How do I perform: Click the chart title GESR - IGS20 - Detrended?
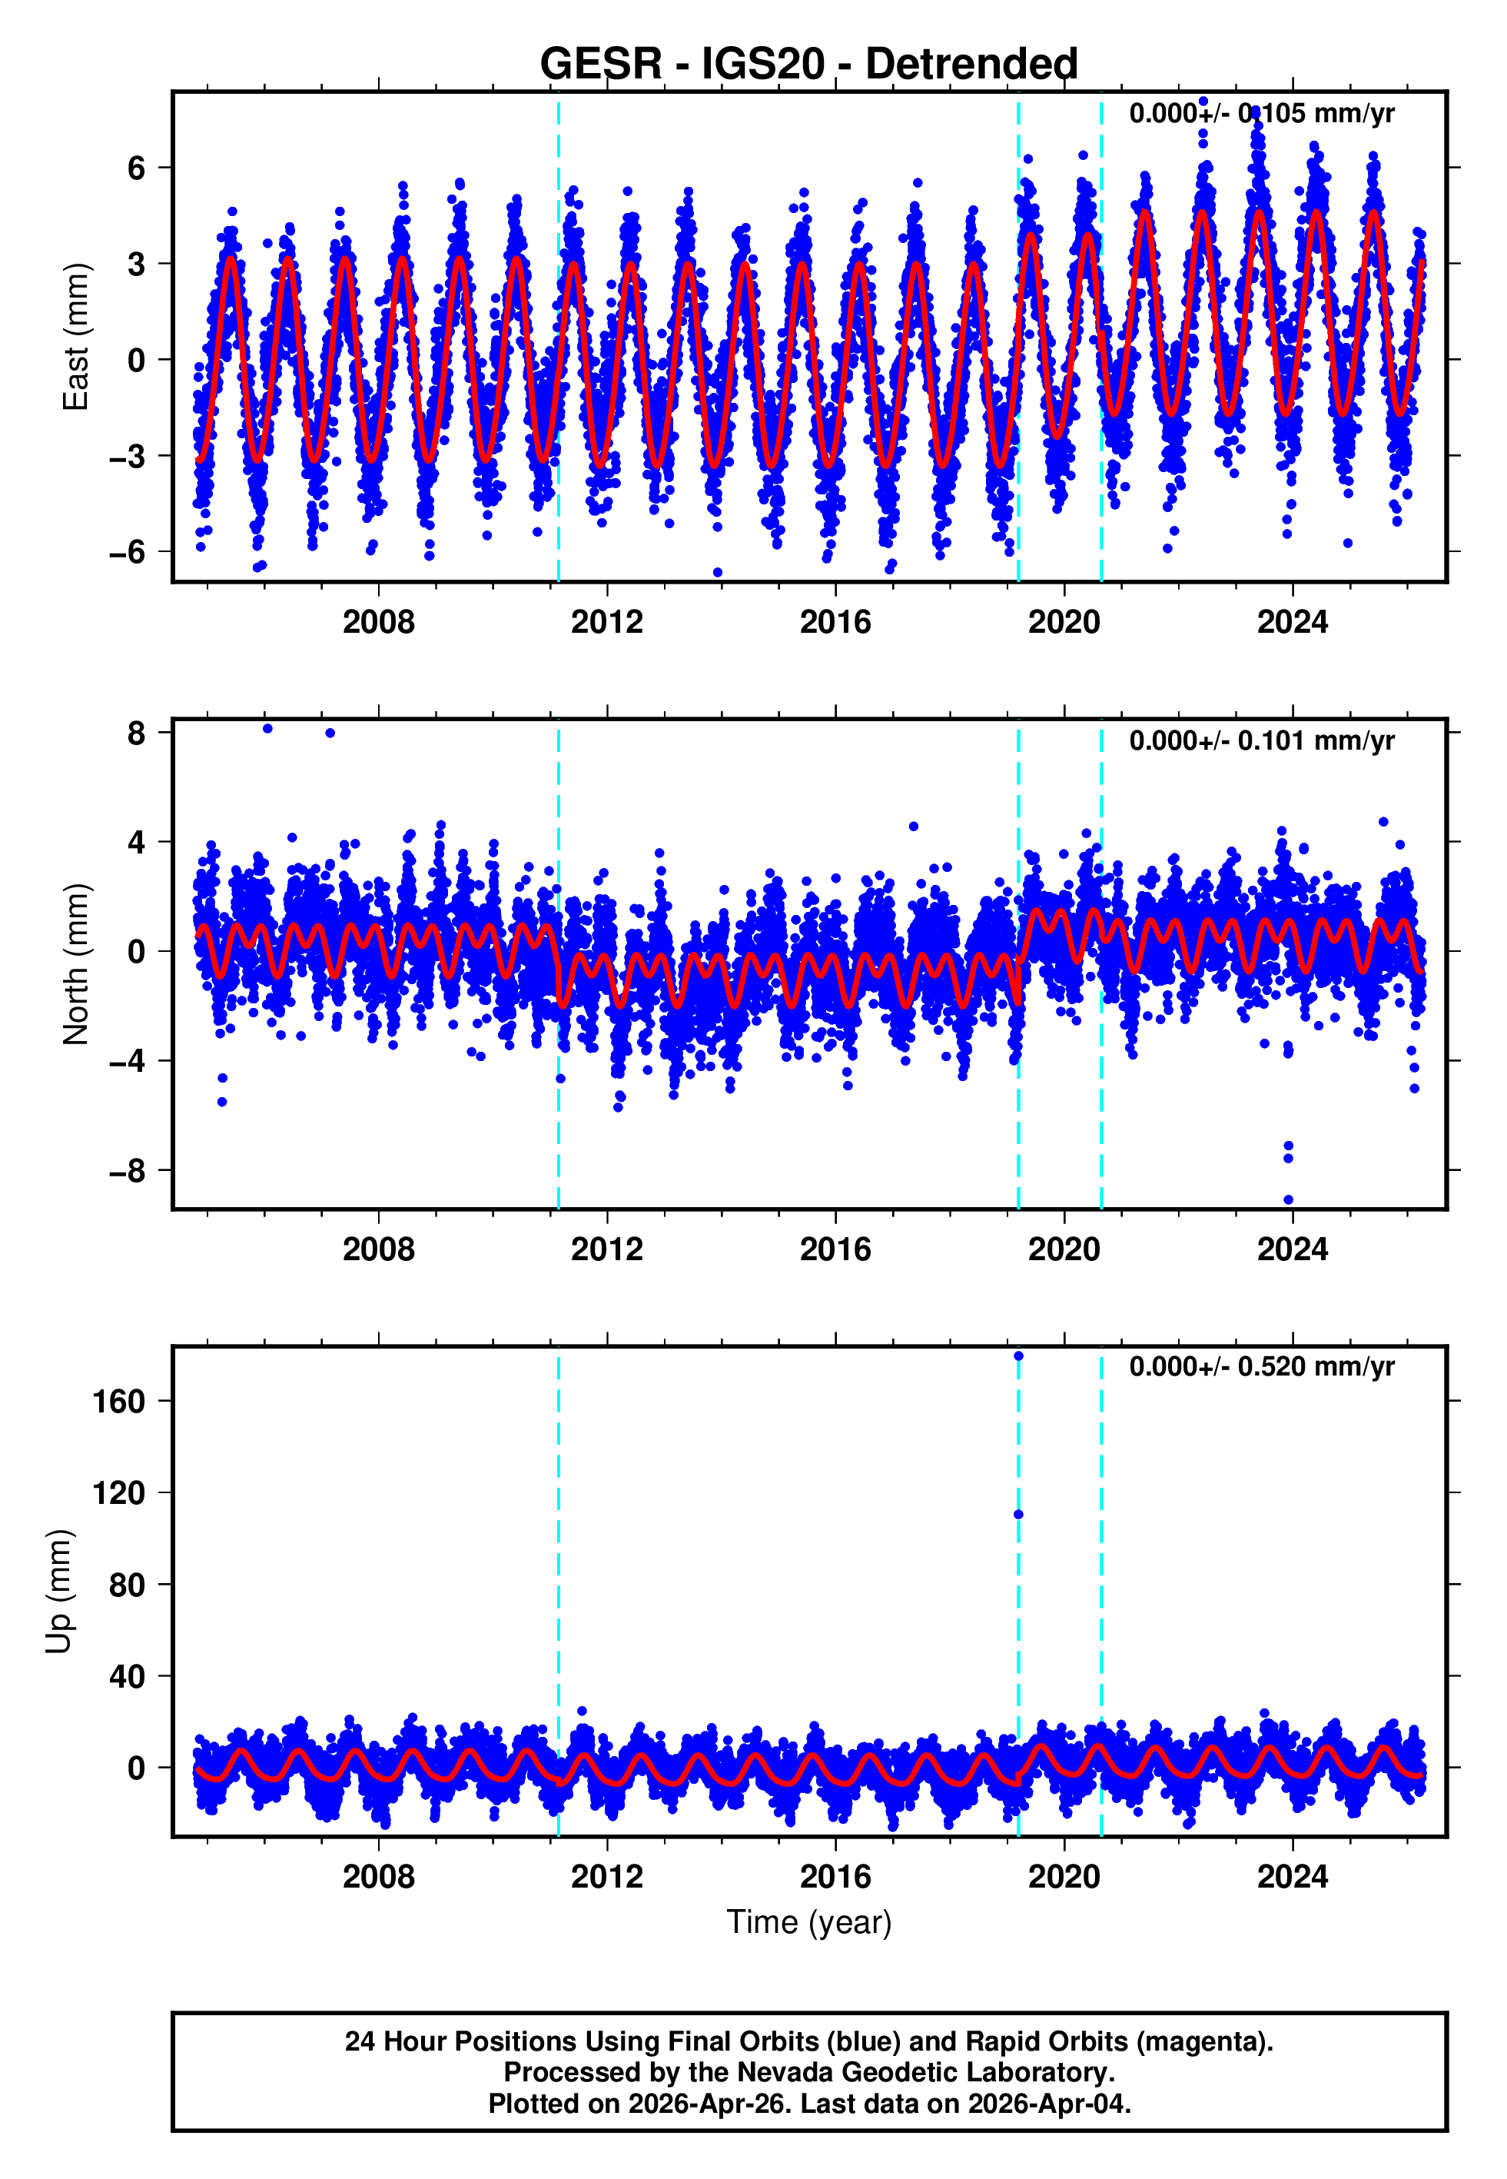click(808, 65)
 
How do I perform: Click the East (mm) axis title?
click(75, 338)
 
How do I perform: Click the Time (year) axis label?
click(808, 1922)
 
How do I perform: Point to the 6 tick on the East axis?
click(137, 168)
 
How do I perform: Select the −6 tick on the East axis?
click(128, 551)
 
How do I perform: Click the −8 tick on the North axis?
click(128, 1171)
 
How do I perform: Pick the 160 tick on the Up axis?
click(119, 1401)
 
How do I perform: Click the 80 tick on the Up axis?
click(128, 1585)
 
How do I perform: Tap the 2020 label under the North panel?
click(1064, 1249)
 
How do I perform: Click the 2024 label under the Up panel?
click(1292, 1876)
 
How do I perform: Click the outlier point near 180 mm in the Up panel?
click(1018, 1356)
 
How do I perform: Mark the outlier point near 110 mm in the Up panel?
click(1018, 1515)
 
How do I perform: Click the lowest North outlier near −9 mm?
click(1288, 1199)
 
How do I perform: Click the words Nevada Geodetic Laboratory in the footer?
click(925, 2072)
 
